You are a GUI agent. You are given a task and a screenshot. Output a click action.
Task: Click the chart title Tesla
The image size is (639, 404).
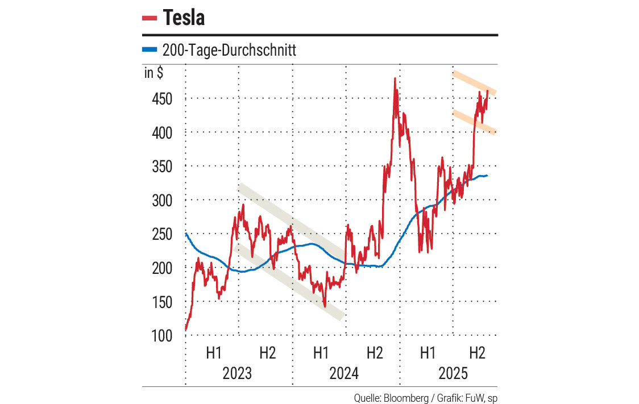tap(184, 18)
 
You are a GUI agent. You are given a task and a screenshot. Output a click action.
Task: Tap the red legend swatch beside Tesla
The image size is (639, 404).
tap(150, 18)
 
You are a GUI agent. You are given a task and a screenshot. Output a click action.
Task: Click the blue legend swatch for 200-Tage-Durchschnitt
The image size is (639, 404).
tap(149, 50)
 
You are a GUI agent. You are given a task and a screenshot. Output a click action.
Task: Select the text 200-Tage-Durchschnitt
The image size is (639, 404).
tap(229, 51)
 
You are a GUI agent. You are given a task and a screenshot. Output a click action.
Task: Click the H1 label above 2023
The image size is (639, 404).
tap(213, 353)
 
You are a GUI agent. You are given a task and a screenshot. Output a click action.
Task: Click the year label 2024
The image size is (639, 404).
tap(345, 373)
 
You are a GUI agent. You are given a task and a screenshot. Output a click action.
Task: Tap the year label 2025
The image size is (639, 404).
tap(453, 373)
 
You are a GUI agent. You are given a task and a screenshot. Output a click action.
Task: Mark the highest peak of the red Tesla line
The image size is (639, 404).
tap(394, 79)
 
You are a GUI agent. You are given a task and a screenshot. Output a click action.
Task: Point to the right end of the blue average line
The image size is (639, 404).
tap(487, 175)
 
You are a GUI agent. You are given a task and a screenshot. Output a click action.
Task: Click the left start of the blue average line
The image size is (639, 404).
tap(186, 234)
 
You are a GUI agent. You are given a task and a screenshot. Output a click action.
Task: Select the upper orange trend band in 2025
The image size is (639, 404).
tap(474, 82)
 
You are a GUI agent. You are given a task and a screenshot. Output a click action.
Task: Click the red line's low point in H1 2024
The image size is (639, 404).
tap(325, 306)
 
